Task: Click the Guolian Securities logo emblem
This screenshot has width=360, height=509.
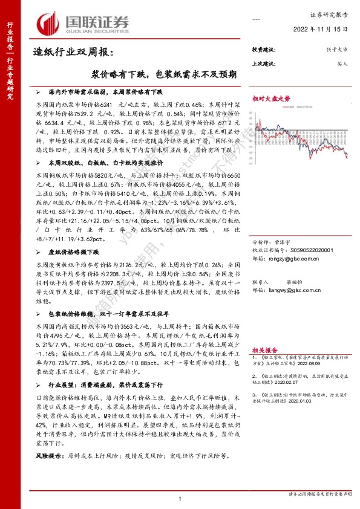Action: coord(49,22)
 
